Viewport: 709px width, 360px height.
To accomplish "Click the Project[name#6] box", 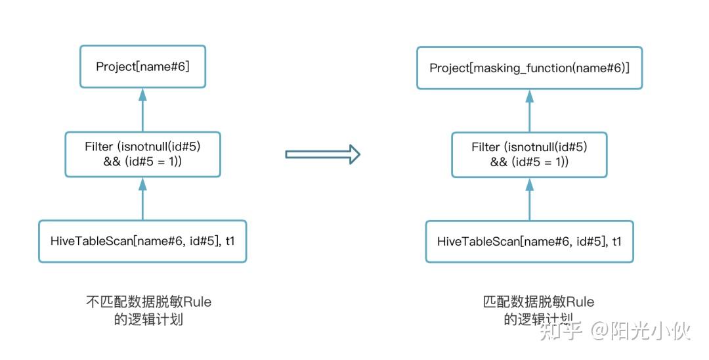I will (142, 66).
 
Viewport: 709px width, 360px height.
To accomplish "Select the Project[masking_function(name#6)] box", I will (529, 68).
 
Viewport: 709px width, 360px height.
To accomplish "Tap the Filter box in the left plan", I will (142, 154).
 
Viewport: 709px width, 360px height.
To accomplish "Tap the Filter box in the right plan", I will (529, 154).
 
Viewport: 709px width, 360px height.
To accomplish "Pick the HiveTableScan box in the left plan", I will (142, 241).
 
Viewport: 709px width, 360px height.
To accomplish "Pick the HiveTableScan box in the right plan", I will (529, 241).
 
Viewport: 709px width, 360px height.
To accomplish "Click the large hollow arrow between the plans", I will (322, 154).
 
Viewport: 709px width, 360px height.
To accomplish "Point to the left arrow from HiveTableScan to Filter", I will (142, 198).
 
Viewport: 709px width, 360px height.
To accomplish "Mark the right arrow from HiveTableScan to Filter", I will (529, 198).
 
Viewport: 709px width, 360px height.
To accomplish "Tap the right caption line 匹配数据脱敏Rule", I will (538, 302).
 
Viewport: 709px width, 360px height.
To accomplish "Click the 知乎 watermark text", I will (560, 330).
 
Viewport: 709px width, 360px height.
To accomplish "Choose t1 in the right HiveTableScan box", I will (616, 241).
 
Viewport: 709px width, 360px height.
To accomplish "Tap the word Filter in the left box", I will (99, 146).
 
